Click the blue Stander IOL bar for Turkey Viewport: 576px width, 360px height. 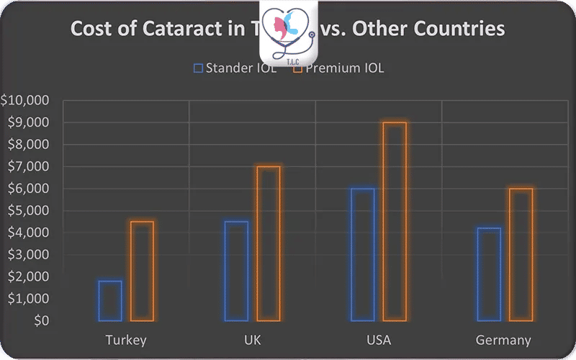click(x=110, y=300)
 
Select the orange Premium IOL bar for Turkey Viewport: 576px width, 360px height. click(x=142, y=271)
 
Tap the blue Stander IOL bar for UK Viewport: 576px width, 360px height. click(x=236, y=271)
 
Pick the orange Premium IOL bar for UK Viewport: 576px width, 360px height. click(x=269, y=243)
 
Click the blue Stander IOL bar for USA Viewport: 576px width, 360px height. click(x=363, y=254)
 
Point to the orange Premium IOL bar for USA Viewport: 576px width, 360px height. click(x=395, y=221)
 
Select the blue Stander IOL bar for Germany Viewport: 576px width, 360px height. click(x=489, y=274)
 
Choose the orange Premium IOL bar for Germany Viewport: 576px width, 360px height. click(x=521, y=254)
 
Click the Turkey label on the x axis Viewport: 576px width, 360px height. click(x=126, y=340)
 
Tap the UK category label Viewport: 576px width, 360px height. click(x=252, y=340)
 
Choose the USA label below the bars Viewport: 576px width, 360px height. click(x=378, y=340)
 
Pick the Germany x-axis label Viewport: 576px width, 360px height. click(x=504, y=340)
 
